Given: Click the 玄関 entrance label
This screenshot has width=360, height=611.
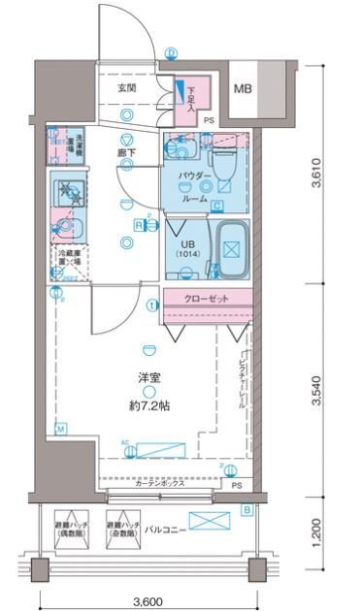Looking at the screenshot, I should point(127,88).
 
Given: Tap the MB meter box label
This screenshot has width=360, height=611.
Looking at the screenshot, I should point(243,89).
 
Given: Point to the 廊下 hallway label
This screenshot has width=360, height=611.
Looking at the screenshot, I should point(127,152).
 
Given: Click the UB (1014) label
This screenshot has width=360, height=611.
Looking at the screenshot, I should point(185,243).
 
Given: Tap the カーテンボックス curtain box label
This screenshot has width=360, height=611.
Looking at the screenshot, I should point(159,485).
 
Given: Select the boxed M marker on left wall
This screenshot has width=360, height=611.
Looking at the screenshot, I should point(60,429).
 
